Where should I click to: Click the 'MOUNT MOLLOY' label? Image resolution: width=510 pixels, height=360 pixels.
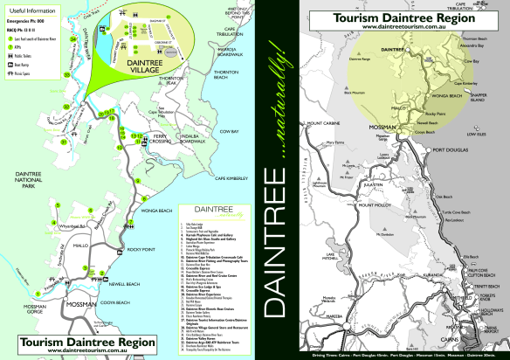pos(359,202)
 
